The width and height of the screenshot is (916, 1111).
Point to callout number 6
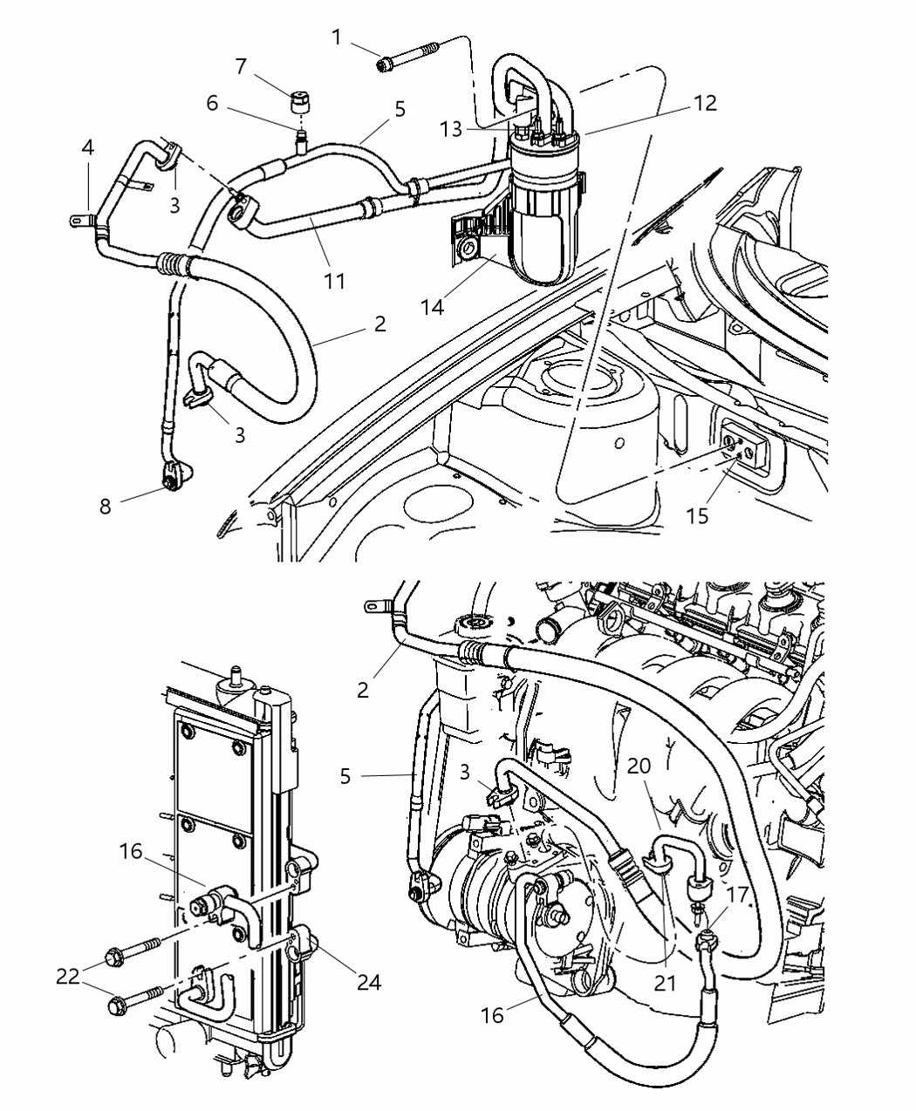pos(211,103)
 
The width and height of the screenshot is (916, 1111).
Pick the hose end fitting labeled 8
pos(172,478)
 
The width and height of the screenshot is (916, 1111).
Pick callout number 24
pos(369,982)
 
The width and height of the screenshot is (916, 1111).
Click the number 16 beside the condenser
pos(131,850)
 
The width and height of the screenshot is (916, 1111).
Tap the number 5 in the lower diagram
pos(345,774)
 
